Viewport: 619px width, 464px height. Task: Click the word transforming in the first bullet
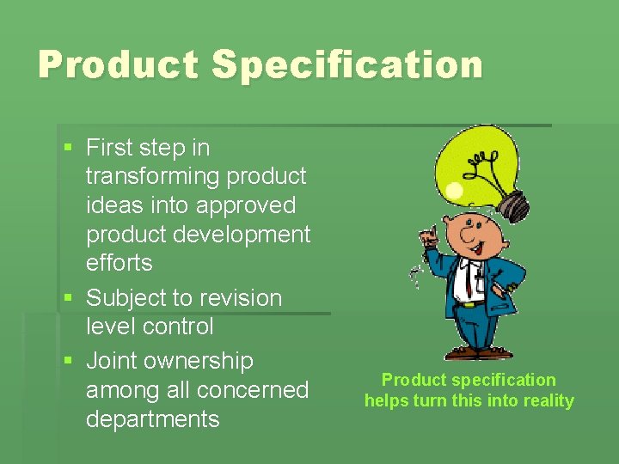click(x=152, y=176)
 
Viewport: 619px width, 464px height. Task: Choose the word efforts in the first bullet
click(x=119, y=263)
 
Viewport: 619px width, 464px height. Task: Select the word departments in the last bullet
click(x=152, y=419)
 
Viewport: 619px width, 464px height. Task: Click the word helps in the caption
click(x=388, y=400)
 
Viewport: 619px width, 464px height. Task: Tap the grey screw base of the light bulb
click(x=514, y=204)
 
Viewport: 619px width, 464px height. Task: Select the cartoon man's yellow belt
click(x=469, y=302)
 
